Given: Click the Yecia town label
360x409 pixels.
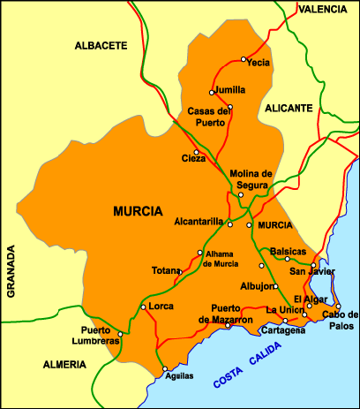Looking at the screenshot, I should [258, 63].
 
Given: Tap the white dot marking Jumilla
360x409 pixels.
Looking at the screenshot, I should [211, 92].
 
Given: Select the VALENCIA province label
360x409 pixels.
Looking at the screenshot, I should [325, 10].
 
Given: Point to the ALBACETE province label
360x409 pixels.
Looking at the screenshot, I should [101, 44].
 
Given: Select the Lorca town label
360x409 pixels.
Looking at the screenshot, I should [161, 306].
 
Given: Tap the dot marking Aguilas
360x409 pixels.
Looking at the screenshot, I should [163, 369].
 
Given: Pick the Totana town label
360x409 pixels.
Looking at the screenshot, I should [165, 270].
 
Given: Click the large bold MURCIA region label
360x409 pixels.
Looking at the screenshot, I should [138, 212].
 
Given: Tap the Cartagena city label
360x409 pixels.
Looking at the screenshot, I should [283, 331].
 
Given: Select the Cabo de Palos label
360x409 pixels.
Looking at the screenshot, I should [340, 319].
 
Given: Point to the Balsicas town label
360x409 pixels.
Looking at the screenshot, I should [288, 251].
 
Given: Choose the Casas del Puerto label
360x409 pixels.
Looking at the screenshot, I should [210, 117].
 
